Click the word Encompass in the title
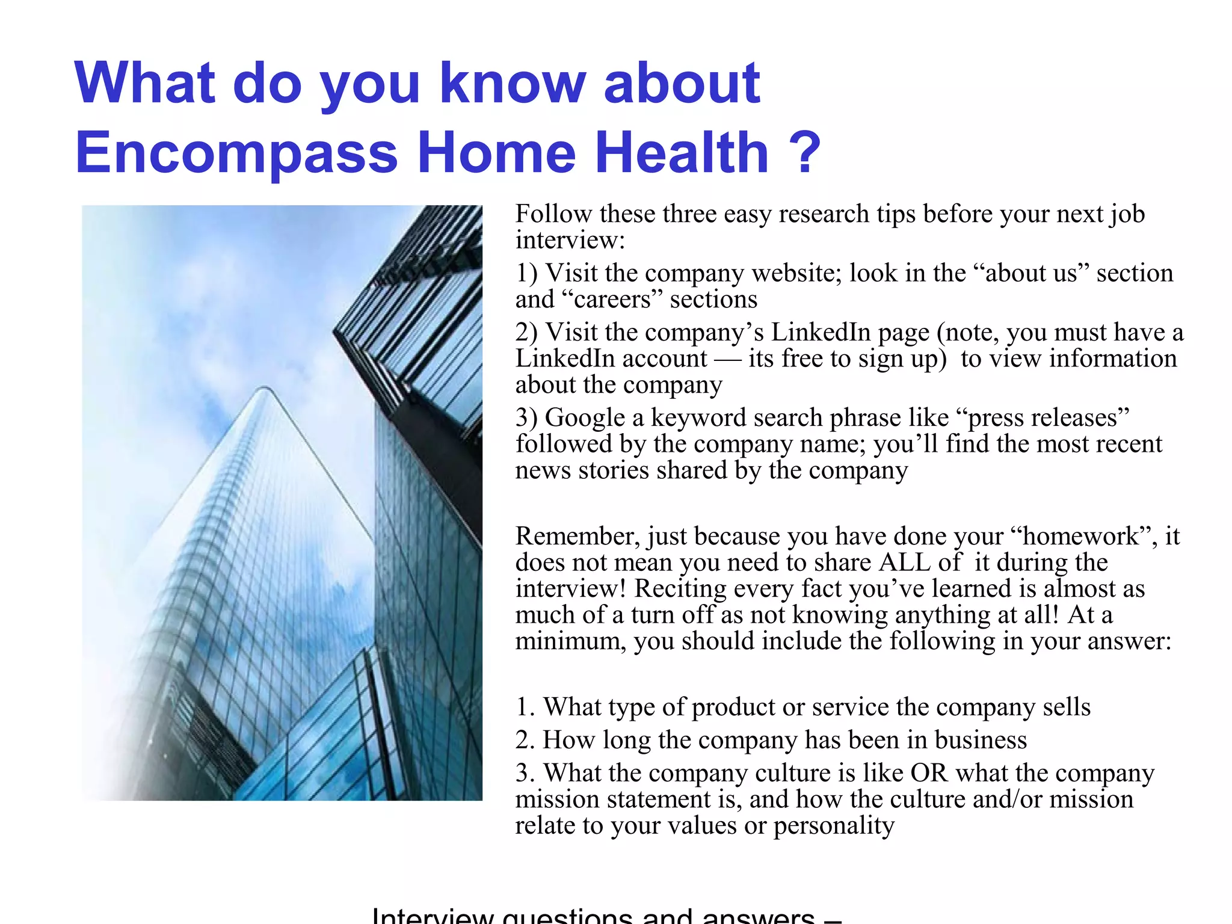pos(236,153)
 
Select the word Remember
pos(577,536)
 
